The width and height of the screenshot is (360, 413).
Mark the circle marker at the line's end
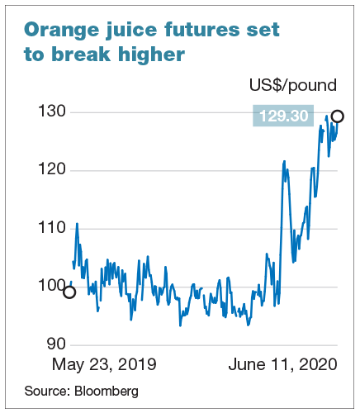[x=337, y=116]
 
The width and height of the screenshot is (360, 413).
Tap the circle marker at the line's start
[x=69, y=292]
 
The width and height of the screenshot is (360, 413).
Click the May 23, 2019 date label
[x=104, y=364]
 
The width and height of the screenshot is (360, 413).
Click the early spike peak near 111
[x=77, y=223]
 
